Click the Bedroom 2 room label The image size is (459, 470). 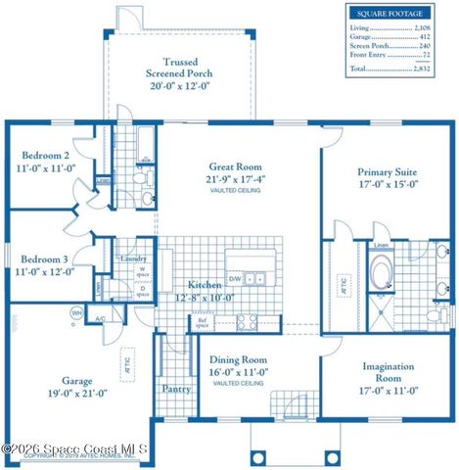point(46,155)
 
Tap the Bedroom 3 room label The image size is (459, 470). point(46,258)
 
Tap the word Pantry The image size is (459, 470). point(175,389)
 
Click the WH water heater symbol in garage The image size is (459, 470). point(76,312)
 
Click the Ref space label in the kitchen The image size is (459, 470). point(204,320)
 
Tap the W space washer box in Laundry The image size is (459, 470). point(143,271)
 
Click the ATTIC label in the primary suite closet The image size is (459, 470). point(344,286)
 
